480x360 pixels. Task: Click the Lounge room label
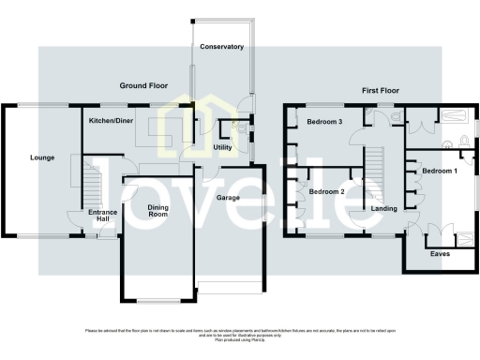[40, 157]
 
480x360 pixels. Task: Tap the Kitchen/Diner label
[110, 122]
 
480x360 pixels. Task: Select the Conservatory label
[221, 47]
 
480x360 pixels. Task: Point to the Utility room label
[223, 147]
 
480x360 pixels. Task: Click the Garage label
[229, 199]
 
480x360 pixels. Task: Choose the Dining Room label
[157, 211]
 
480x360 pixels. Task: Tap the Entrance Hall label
[102, 217]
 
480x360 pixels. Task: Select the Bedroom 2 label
[326, 191]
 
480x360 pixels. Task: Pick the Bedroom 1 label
[439, 172]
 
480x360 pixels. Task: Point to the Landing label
[383, 208]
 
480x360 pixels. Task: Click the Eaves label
[439, 253]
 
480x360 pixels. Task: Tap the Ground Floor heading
[142, 85]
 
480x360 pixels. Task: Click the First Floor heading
[382, 91]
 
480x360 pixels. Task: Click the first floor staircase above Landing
[375, 164]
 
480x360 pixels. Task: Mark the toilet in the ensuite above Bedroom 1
[463, 142]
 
